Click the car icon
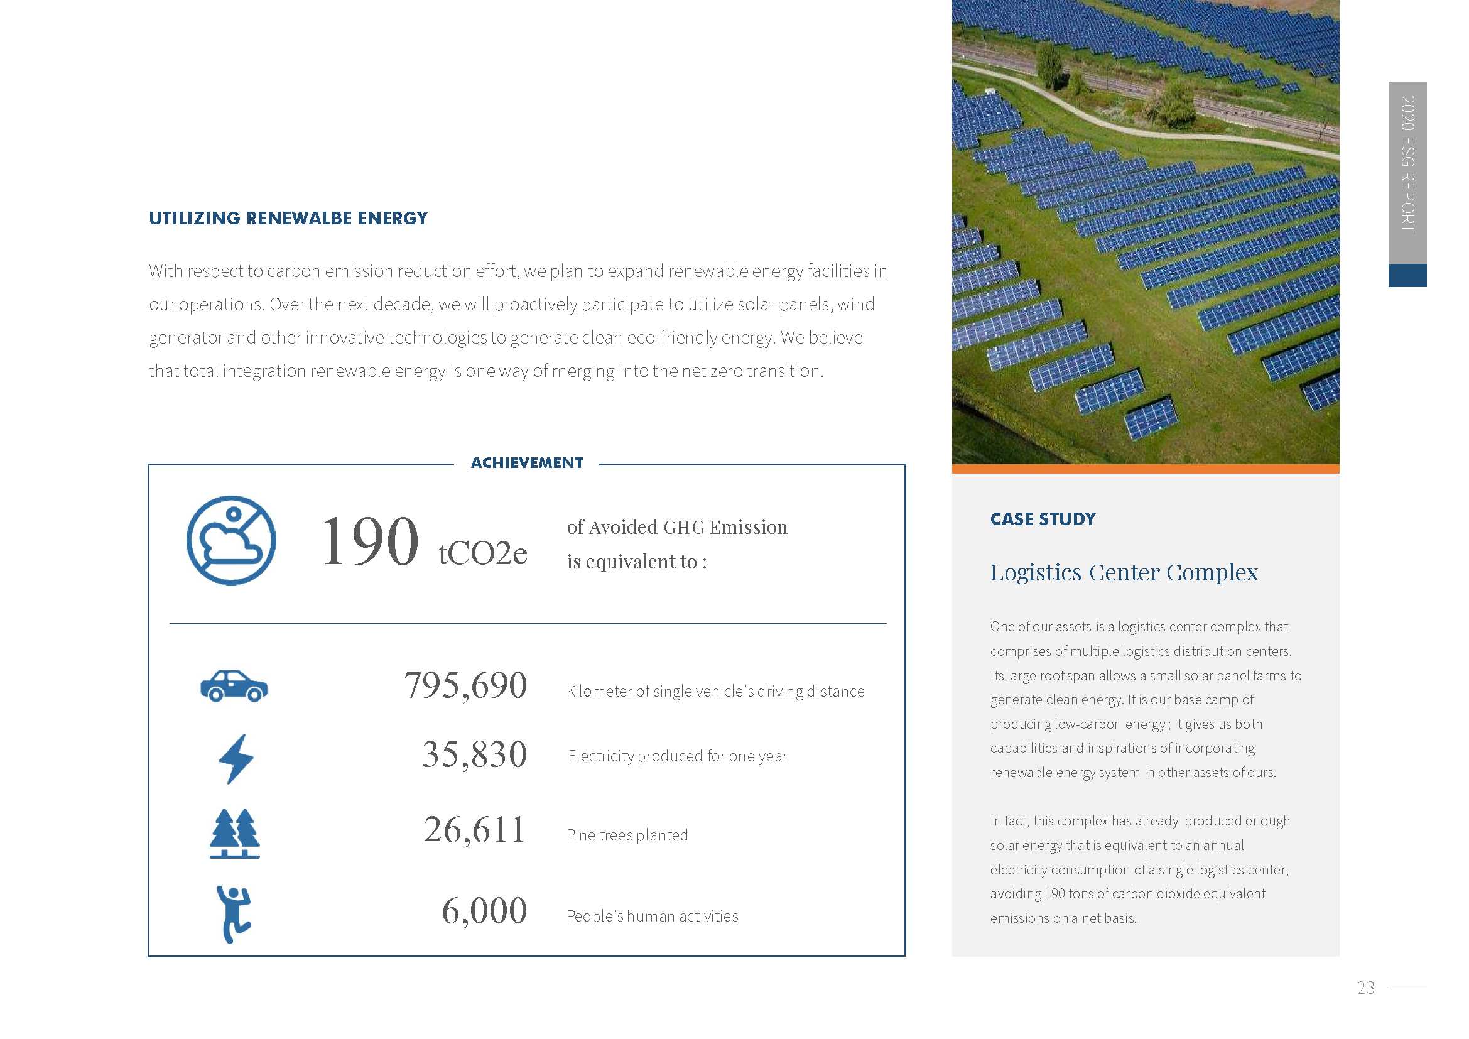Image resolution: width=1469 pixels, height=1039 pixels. (x=234, y=686)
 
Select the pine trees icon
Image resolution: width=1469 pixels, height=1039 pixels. (x=235, y=833)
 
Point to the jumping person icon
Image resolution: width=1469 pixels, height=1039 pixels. (x=234, y=913)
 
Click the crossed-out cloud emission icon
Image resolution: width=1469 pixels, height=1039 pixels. (x=231, y=541)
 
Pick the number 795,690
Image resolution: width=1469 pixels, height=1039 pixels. (x=465, y=685)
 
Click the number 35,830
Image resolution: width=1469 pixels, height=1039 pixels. (x=474, y=754)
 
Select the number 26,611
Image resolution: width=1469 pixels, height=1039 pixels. (x=474, y=830)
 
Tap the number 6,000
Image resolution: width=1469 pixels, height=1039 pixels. (x=484, y=911)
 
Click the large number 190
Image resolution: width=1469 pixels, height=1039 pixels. (x=370, y=542)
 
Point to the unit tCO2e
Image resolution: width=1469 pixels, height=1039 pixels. (x=482, y=553)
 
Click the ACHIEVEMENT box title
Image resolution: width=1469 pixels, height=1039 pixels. (x=526, y=463)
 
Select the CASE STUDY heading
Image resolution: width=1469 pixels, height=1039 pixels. (x=1043, y=519)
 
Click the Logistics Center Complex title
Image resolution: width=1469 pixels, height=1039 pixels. (x=1124, y=572)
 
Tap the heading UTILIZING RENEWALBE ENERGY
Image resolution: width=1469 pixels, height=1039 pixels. (x=288, y=218)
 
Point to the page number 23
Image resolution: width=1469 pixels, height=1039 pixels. (x=1365, y=988)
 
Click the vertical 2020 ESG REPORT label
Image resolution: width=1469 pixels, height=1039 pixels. (x=1407, y=164)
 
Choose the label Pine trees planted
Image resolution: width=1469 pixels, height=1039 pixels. (x=627, y=835)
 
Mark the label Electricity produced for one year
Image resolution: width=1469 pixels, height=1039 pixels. (x=678, y=756)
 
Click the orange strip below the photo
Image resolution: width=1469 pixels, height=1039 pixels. (x=1145, y=469)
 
